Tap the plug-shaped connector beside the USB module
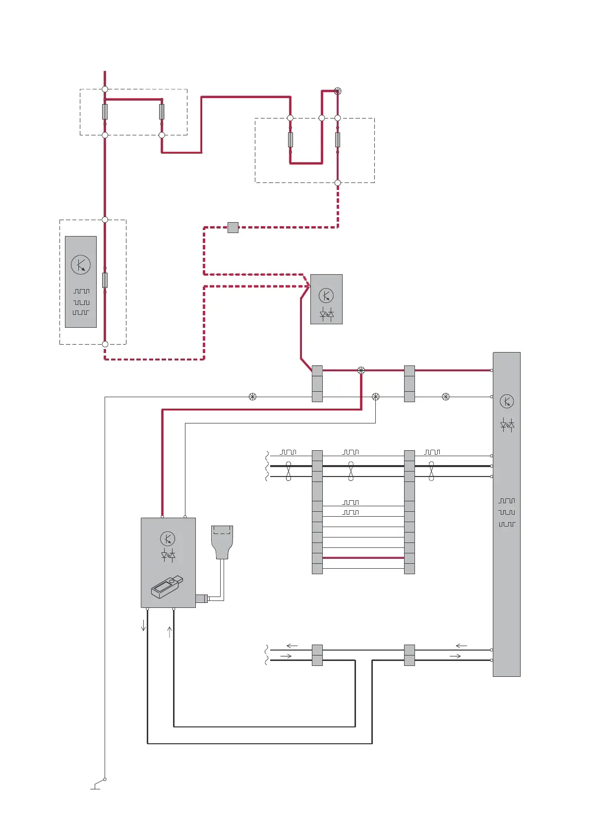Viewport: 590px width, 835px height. (x=222, y=541)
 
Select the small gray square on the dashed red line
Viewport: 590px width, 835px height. (x=233, y=228)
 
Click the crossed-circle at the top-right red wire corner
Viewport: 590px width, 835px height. (x=338, y=91)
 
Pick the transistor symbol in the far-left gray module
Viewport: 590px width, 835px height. (x=81, y=265)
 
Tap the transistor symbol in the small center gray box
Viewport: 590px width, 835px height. (x=326, y=296)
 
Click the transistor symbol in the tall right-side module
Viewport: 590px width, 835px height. (x=506, y=401)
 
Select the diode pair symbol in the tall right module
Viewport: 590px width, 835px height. (x=507, y=425)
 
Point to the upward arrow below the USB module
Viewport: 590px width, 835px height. (x=170, y=632)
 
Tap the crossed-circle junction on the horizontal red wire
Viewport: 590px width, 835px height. (x=361, y=370)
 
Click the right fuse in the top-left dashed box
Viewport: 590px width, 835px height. (x=162, y=112)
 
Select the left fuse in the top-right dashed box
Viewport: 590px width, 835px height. (x=290, y=140)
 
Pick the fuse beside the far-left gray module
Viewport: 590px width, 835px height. (x=105, y=280)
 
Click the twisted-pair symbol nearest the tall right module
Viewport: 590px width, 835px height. (x=431, y=471)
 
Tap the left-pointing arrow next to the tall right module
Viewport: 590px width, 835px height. (x=461, y=646)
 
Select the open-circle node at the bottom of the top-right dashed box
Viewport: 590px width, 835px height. (x=338, y=182)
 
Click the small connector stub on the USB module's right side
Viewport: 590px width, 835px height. (x=202, y=598)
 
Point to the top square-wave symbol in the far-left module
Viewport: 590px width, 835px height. (x=81, y=291)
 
